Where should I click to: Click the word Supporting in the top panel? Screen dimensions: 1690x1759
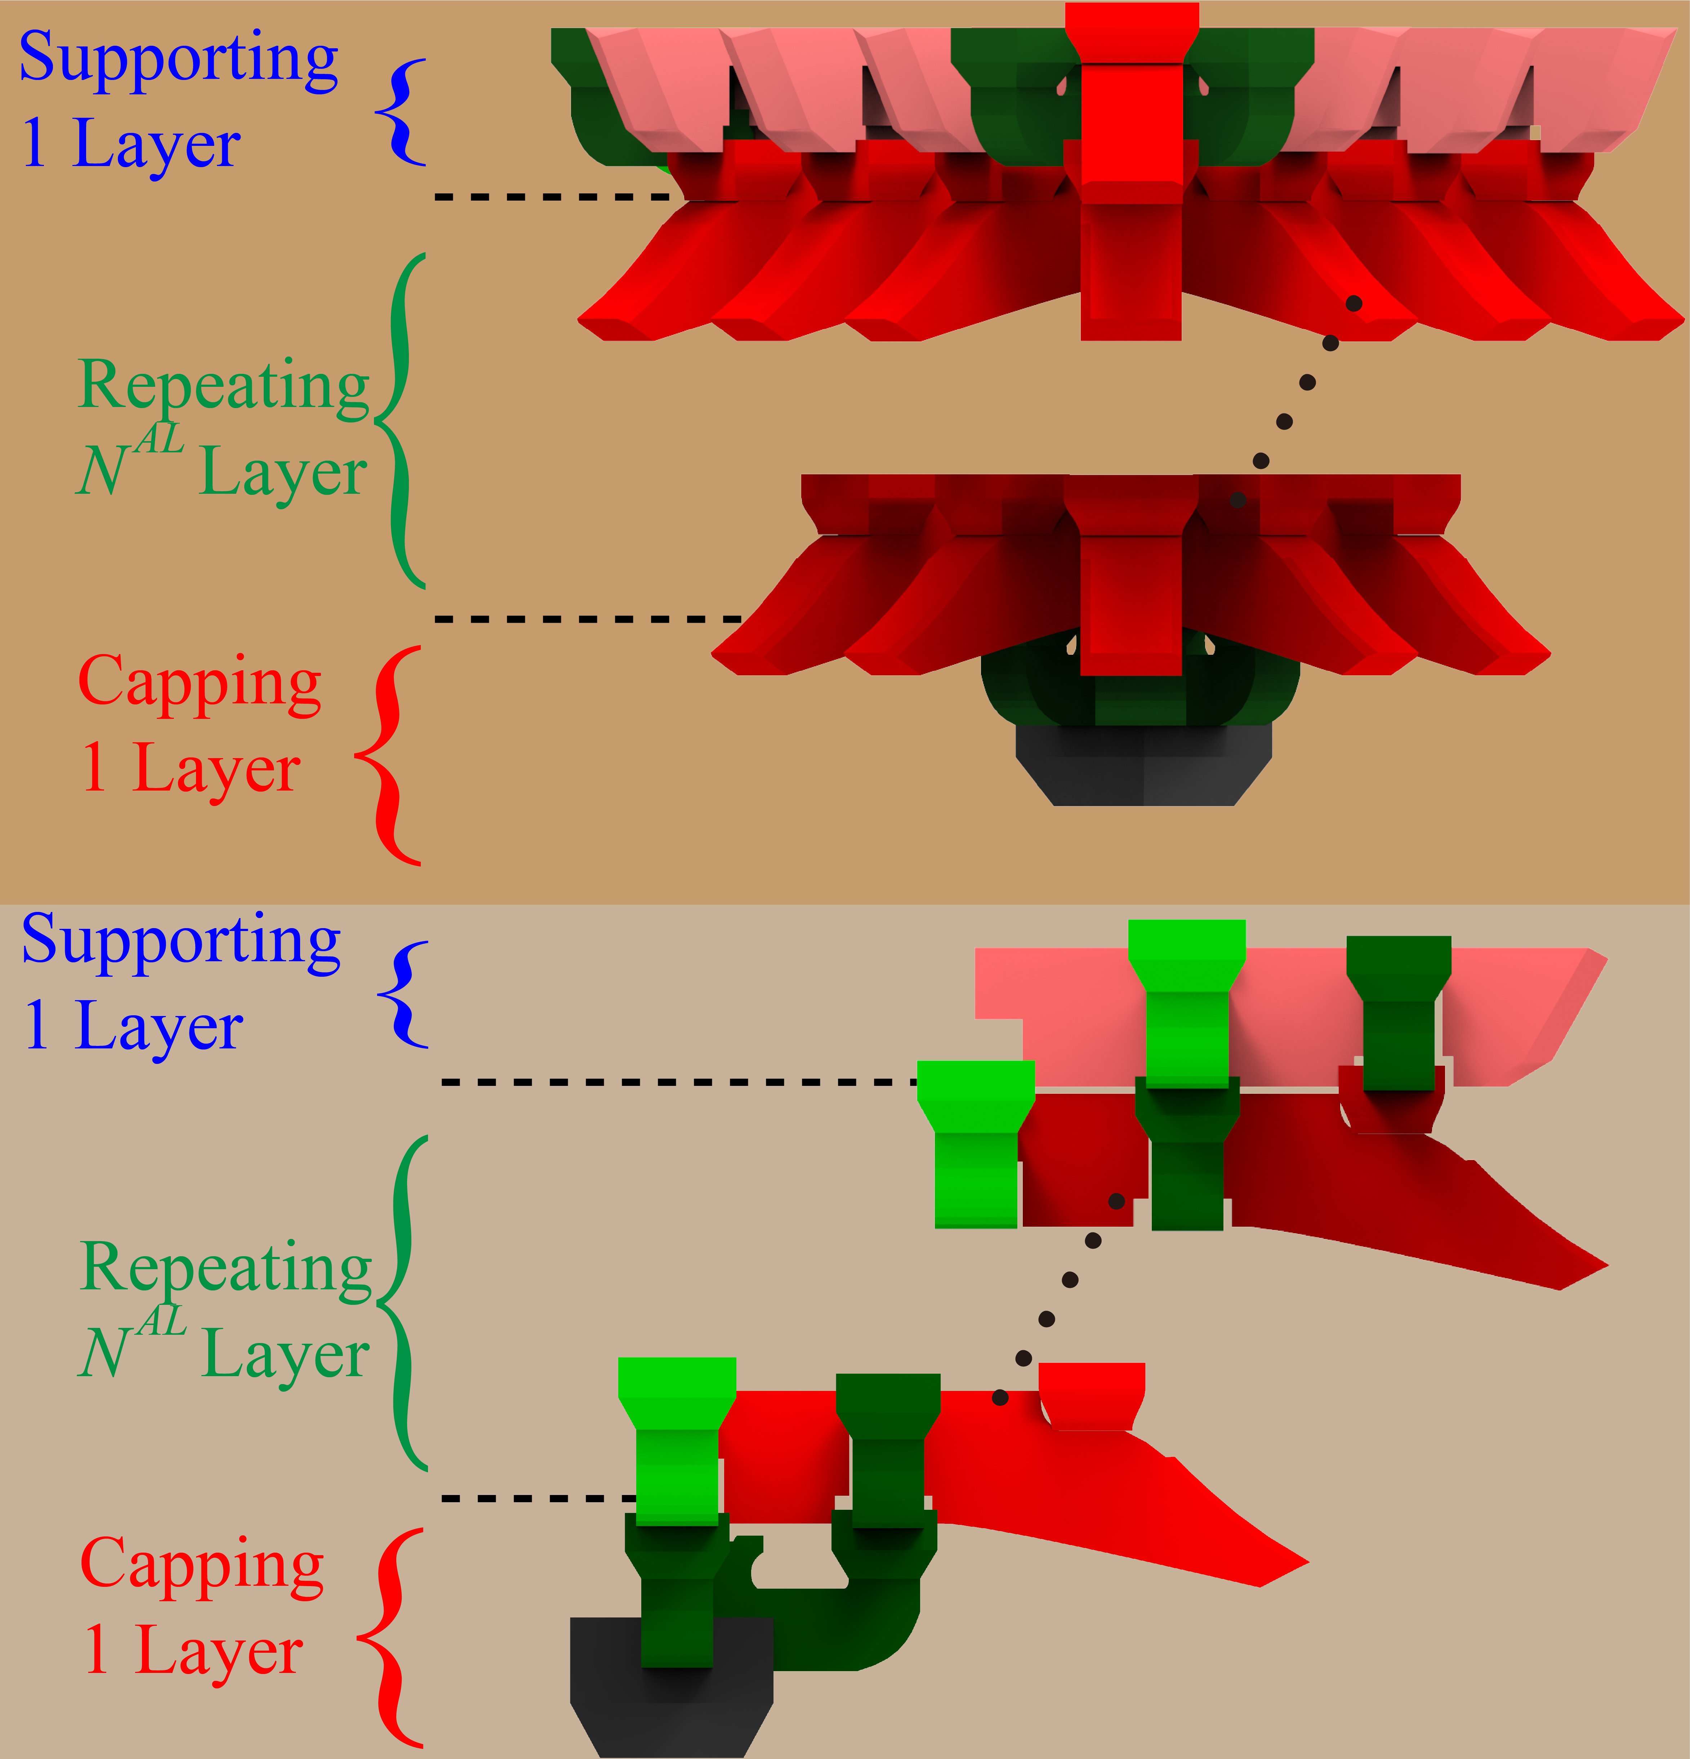[x=179, y=61]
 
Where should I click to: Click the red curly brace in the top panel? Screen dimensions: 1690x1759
[x=388, y=756]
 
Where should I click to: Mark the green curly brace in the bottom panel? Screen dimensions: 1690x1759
[x=402, y=1303]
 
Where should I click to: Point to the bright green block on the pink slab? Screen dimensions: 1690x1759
[x=1186, y=1003]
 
